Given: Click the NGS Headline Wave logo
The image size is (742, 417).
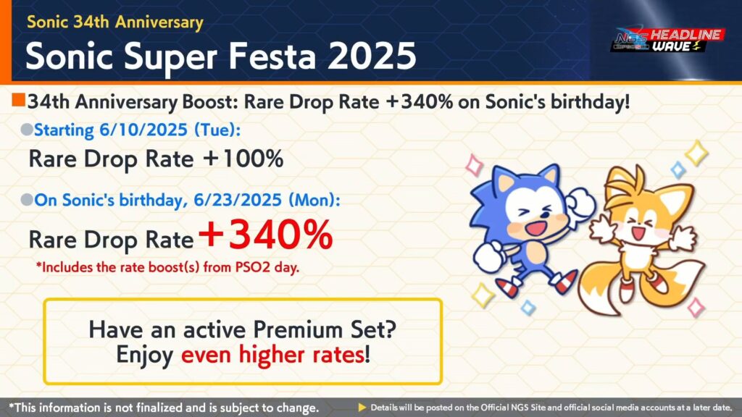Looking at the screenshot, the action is pos(667,41).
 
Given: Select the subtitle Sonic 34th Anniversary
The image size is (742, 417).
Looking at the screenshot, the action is pos(115,22).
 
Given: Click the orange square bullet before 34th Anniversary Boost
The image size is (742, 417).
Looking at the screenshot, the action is pos(19,100).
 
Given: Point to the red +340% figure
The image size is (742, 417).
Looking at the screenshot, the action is pos(265,235).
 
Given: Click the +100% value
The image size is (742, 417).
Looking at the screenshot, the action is pos(243,159).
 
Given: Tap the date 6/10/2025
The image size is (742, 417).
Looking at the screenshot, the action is pos(143,130).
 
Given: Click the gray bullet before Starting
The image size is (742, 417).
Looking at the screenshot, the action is pos(27,130).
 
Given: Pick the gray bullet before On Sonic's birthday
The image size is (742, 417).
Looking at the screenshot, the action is pos(27,200).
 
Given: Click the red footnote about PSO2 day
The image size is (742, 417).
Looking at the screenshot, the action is pos(167,268).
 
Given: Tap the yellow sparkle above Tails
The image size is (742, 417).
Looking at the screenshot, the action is pos(696,153).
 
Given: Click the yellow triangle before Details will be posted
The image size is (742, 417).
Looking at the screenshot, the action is pos(362,407).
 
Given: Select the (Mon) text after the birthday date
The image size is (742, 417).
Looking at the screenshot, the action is pos(314,200).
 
